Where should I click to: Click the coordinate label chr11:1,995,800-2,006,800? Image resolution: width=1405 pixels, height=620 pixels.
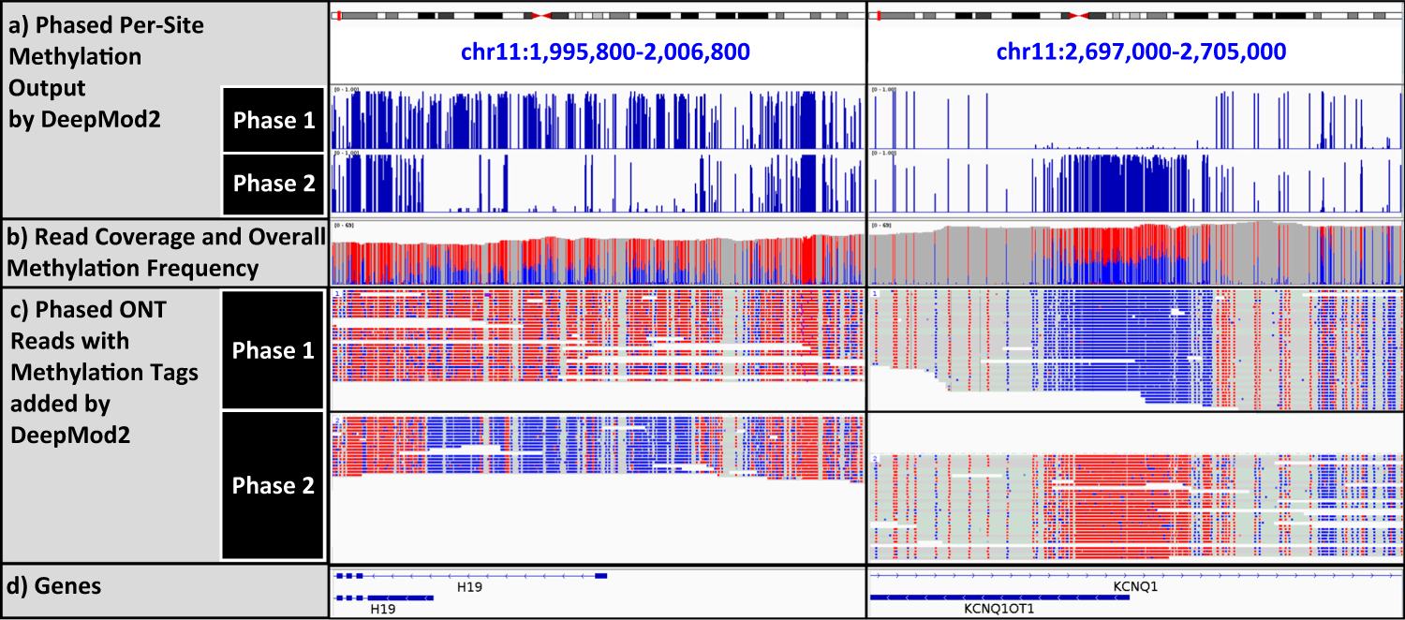point(597,52)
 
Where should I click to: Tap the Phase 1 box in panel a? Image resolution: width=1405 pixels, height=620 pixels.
point(274,120)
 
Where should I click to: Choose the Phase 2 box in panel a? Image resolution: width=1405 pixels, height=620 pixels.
point(274,184)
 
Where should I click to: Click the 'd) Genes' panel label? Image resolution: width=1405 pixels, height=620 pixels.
point(68,587)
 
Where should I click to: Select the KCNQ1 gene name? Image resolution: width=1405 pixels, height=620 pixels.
point(1135,586)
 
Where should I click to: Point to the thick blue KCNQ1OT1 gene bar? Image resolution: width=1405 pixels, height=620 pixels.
point(998,597)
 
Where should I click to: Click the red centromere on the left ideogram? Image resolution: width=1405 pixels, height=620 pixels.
point(540,15)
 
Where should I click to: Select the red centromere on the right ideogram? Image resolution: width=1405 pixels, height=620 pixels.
point(1078,15)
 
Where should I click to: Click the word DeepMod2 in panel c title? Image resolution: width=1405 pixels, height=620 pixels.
point(59,435)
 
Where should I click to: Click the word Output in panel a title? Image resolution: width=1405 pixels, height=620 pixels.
point(46,87)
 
